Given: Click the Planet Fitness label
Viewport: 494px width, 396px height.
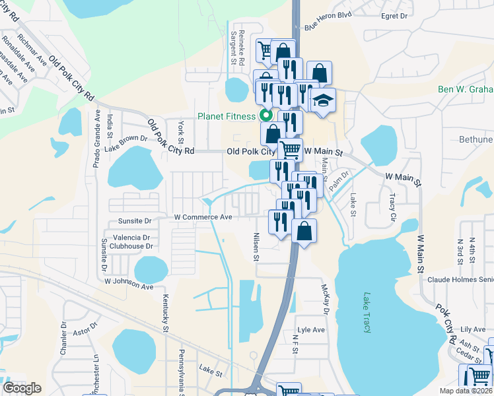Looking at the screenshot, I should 227,117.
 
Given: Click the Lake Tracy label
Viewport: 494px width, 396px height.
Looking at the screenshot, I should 367,313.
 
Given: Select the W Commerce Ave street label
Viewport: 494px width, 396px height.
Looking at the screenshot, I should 203,217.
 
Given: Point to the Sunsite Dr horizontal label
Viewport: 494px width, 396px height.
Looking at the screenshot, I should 134,222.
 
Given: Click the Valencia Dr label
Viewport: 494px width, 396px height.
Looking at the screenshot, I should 131,238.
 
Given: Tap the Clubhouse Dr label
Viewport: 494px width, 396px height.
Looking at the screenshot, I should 131,246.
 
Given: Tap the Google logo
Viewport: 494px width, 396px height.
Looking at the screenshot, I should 22,388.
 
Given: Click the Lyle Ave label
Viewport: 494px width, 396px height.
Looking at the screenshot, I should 311,330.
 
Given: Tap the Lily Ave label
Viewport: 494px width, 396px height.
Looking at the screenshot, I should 473,329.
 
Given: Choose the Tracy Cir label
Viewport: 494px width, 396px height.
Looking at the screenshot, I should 393,207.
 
